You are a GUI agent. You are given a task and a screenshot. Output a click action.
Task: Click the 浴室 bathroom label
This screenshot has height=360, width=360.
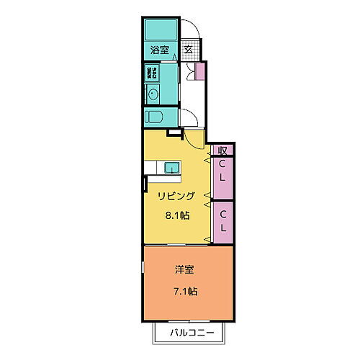click(159, 50)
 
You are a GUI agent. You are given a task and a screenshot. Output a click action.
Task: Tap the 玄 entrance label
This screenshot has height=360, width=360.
click(187, 50)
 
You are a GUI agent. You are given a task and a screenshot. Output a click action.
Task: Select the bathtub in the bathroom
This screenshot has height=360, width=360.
click(159, 30)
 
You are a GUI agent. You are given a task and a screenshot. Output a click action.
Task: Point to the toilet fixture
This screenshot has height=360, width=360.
click(156, 117)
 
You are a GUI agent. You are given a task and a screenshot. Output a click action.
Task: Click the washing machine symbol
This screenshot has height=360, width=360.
click(152, 72)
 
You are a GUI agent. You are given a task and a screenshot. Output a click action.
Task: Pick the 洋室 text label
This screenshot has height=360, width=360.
click(184, 270)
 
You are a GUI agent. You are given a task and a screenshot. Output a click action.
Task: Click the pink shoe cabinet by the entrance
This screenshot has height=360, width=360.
click(200, 71)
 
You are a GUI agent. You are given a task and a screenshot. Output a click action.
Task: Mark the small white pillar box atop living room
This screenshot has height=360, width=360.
click(173, 132)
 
